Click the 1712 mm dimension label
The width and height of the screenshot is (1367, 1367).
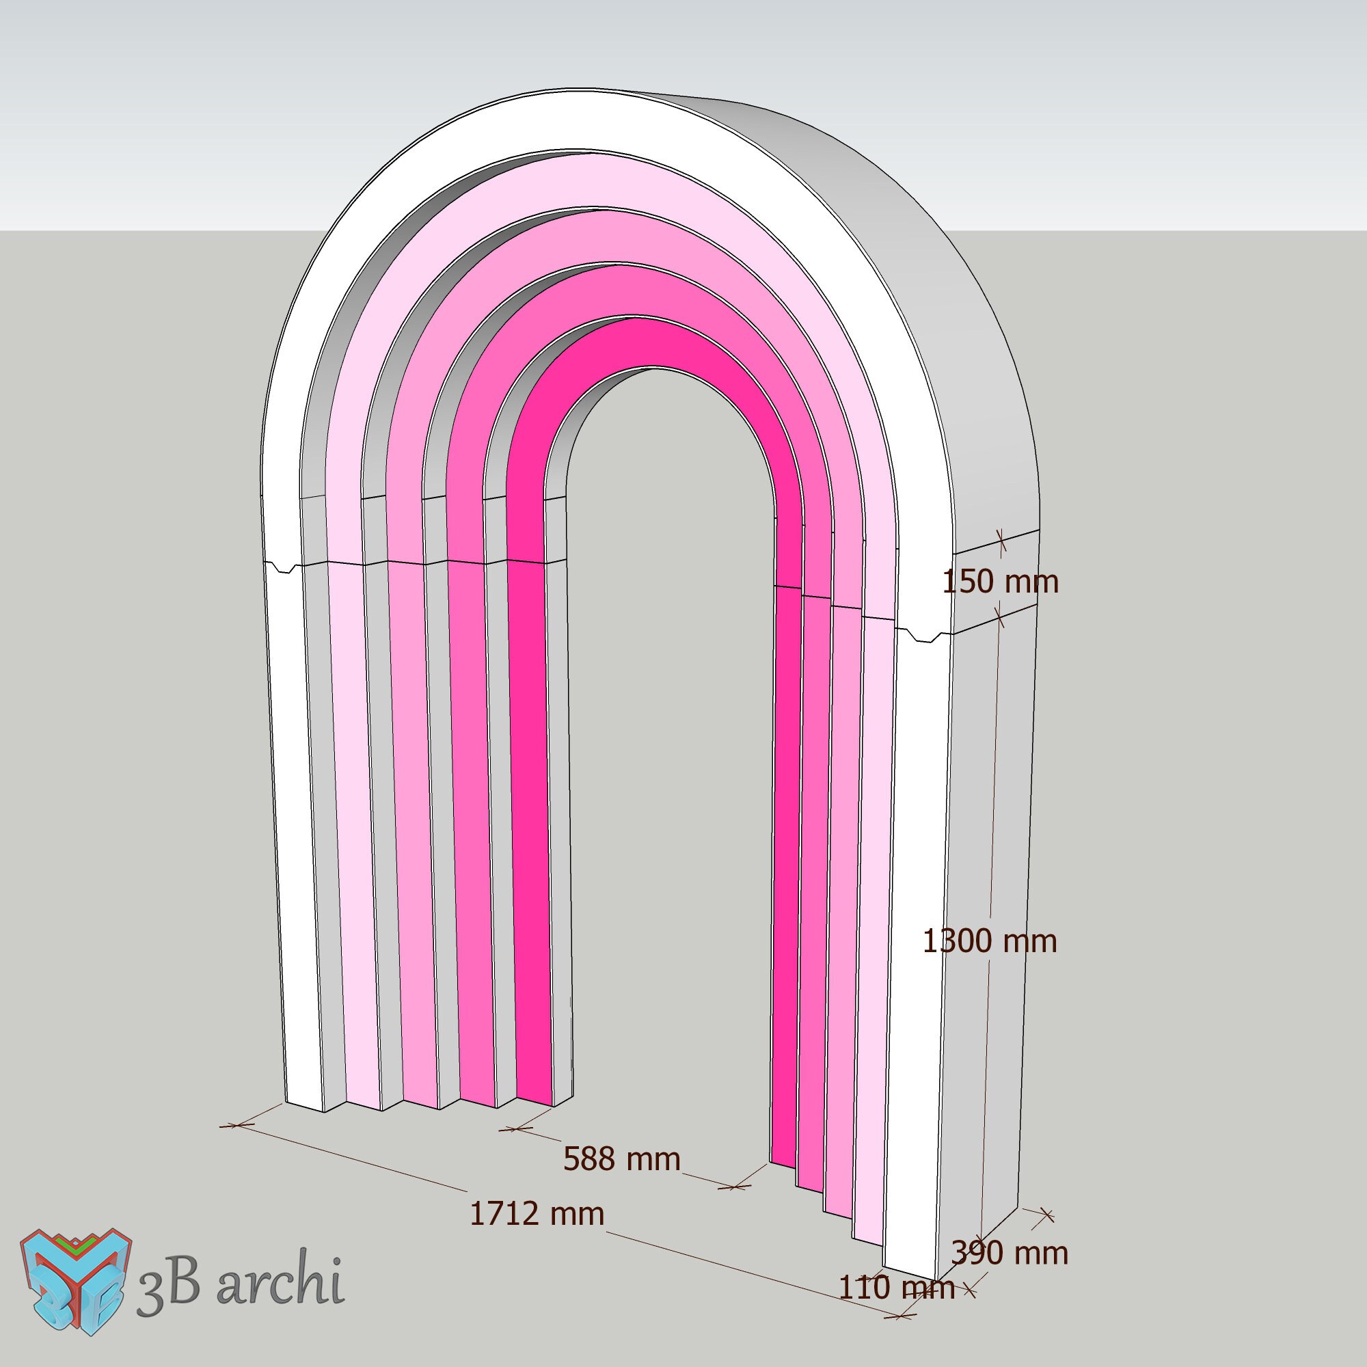tap(537, 1214)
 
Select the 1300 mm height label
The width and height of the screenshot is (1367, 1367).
tap(989, 941)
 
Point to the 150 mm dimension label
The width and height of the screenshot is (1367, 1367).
tap(1000, 582)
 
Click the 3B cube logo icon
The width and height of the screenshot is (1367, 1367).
tap(76, 1281)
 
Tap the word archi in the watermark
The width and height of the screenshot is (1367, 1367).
tap(280, 1278)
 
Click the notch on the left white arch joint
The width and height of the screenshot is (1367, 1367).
tap(284, 567)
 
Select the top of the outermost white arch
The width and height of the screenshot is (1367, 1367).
tap(566, 120)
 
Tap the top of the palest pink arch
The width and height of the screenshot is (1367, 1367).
tap(601, 180)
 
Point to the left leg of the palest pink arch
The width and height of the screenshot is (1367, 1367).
tap(354, 849)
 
